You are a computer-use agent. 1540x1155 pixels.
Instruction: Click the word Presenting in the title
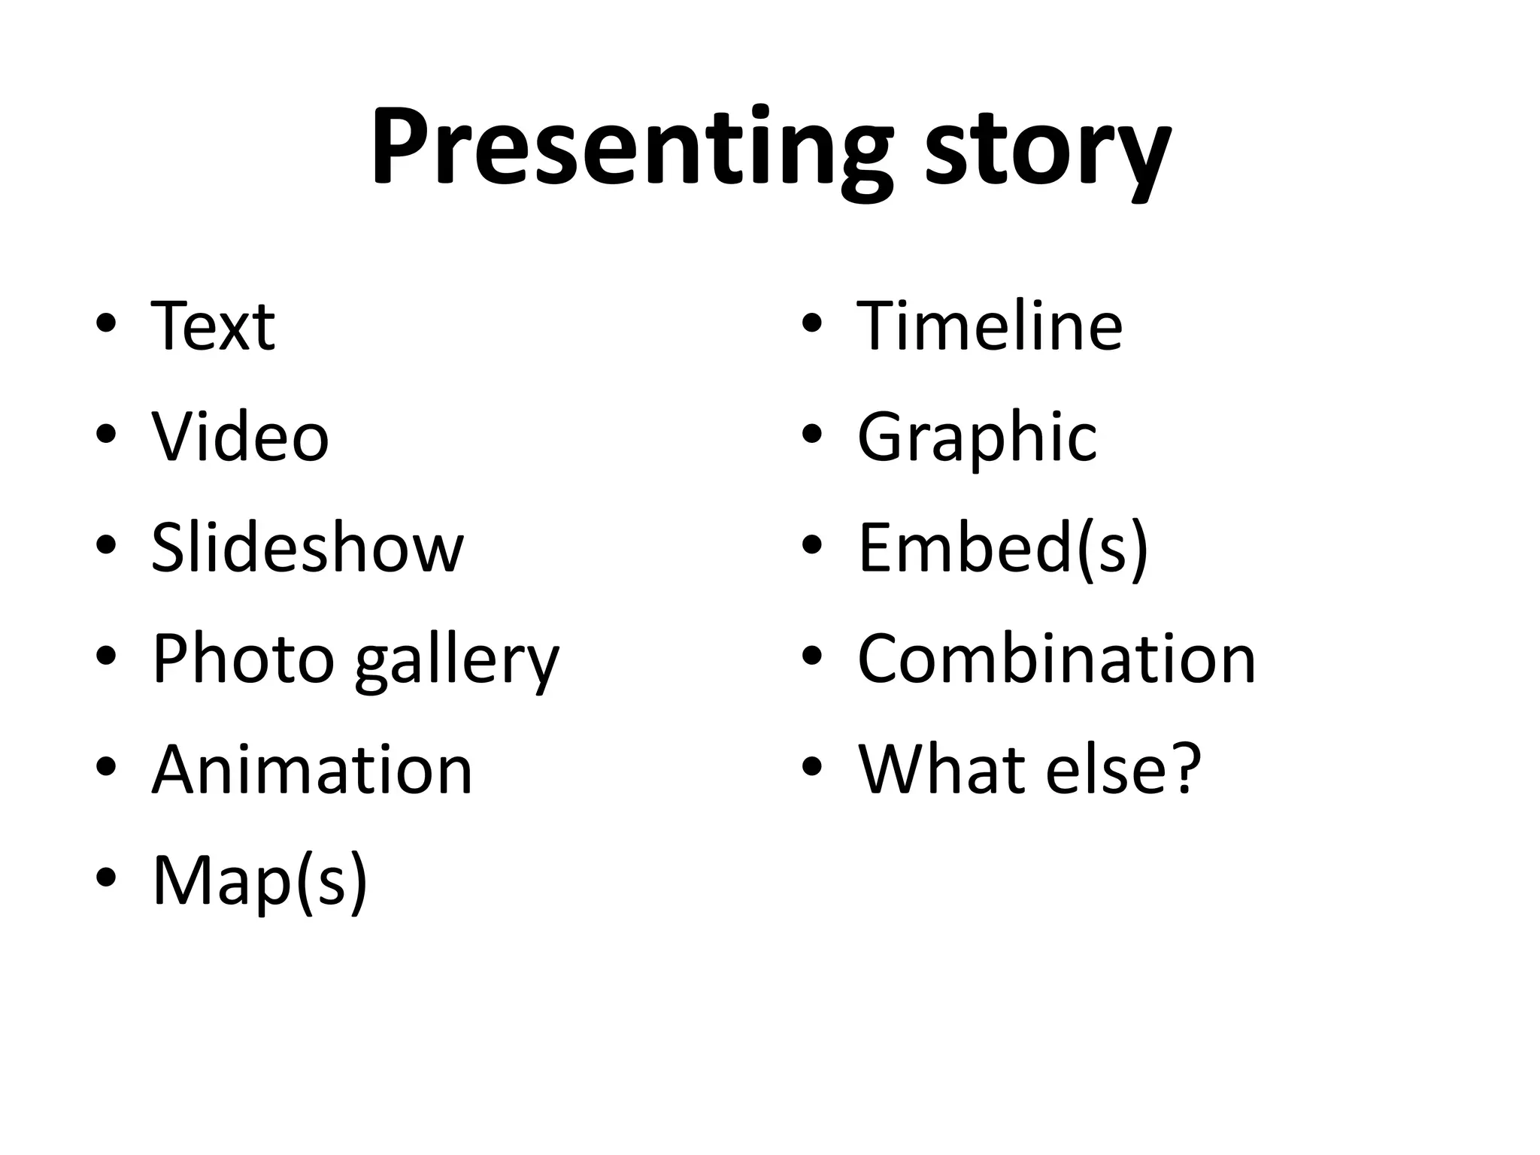click(632, 147)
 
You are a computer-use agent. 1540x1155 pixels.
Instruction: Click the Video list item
click(240, 437)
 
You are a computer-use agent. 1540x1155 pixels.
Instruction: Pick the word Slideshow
click(308, 547)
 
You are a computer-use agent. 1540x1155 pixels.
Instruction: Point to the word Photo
click(243, 659)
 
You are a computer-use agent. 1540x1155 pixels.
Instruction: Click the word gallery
click(457, 662)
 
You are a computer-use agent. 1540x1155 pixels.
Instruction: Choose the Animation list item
click(312, 769)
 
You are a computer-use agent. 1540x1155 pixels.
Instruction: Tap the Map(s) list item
click(259, 881)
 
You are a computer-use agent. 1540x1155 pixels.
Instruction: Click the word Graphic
click(977, 438)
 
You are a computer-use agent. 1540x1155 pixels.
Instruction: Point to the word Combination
click(1056, 659)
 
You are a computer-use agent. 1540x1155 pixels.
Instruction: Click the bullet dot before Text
click(106, 324)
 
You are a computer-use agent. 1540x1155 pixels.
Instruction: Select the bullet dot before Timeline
click(811, 324)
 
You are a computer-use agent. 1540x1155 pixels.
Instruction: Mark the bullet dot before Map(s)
click(106, 877)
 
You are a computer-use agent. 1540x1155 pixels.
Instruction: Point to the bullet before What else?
click(811, 766)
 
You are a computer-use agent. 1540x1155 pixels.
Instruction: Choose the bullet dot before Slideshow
click(106, 545)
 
